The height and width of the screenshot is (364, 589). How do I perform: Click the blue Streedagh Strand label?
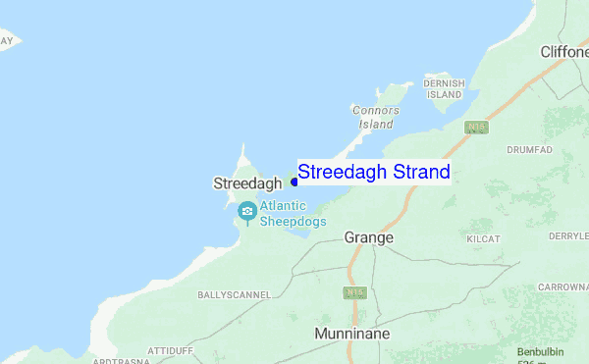[374, 173]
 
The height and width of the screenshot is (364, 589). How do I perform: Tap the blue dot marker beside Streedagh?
[294, 182]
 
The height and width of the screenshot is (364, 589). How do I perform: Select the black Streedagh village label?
[247, 182]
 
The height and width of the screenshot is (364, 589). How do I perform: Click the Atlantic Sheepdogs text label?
[293, 214]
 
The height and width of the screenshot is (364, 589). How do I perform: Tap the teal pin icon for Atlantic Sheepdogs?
[246, 211]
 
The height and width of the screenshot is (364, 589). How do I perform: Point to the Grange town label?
[369, 237]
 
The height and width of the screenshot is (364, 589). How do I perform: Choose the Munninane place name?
[351, 334]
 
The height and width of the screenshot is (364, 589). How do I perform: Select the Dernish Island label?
[444, 90]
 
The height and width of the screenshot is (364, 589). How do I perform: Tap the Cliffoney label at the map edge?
[563, 51]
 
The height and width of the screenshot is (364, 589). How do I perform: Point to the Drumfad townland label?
[530, 150]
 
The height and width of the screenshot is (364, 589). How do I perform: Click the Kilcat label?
[484, 239]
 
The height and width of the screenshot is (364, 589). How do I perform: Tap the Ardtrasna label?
[121, 360]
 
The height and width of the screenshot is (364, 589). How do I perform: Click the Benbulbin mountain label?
[543, 351]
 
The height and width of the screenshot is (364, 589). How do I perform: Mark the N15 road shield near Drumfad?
[477, 128]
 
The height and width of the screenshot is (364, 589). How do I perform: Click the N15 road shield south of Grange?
[354, 293]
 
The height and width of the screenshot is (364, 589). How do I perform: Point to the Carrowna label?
[563, 287]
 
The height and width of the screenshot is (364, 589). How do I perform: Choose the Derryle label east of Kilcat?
[568, 236]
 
